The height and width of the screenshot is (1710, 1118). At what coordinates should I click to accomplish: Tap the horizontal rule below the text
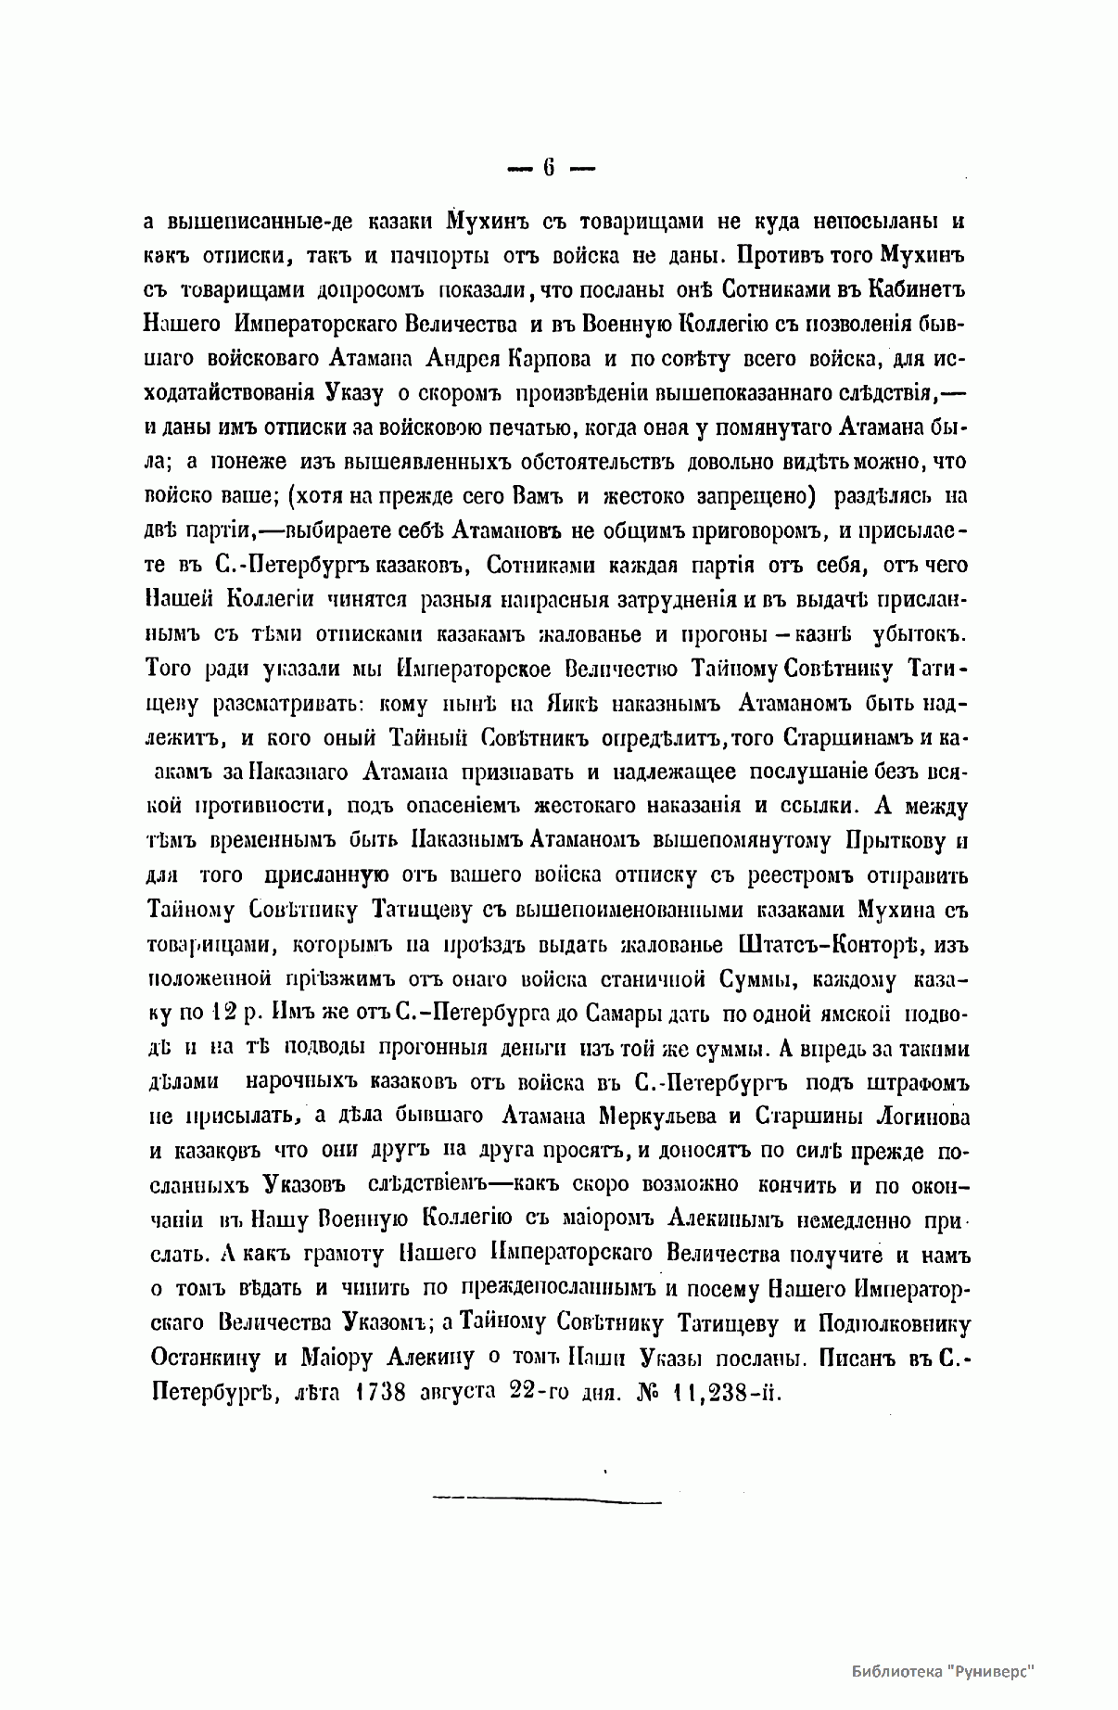point(547,1495)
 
